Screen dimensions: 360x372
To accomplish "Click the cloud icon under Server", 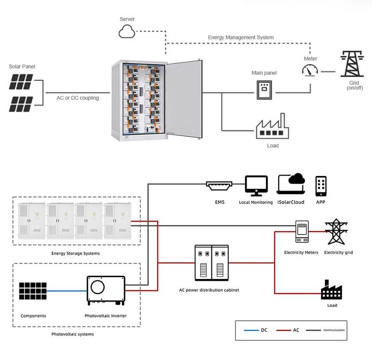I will pos(127,32).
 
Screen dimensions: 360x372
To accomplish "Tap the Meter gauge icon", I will pos(310,71).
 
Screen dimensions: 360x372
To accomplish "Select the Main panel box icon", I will pos(264,89).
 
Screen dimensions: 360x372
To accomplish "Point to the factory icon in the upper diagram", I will pos(271,127).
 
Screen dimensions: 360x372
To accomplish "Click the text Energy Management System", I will pos(241,37).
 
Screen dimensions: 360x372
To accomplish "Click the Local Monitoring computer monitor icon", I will pos(256,186).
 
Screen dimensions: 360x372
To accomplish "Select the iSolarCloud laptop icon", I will pos(291,185).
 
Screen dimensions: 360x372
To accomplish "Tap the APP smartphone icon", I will pos(321,186).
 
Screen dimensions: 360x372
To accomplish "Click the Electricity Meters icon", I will pos(301,232).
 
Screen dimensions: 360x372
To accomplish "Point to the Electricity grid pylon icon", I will pos(336,232).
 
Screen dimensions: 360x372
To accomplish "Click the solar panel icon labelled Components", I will pos(33,290).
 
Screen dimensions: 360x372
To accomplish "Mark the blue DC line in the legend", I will pos(250,330).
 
